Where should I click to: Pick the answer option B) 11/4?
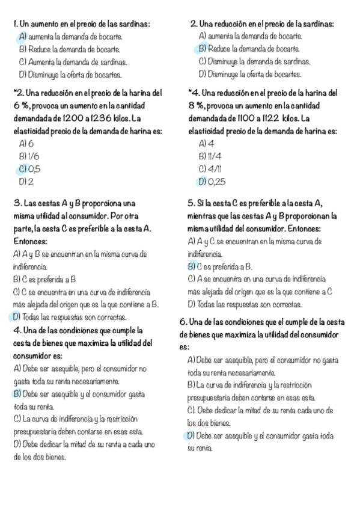click(208, 156)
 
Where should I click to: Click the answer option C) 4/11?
click(208, 169)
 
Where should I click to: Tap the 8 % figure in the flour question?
click(196, 106)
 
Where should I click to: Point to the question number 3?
click(16, 203)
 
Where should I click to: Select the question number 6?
click(183, 322)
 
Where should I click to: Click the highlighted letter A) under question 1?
click(23, 37)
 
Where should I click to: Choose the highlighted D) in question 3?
click(17, 316)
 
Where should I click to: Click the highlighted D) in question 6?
click(191, 436)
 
